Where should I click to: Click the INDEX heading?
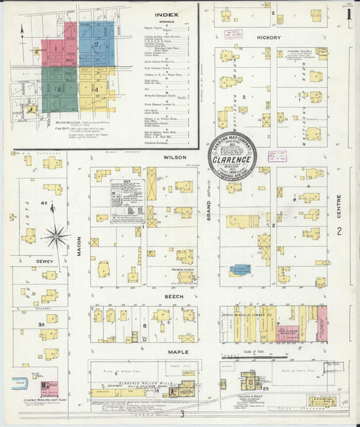166,14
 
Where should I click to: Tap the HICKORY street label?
268,38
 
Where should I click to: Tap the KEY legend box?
127,201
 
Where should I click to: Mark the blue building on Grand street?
240,269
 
